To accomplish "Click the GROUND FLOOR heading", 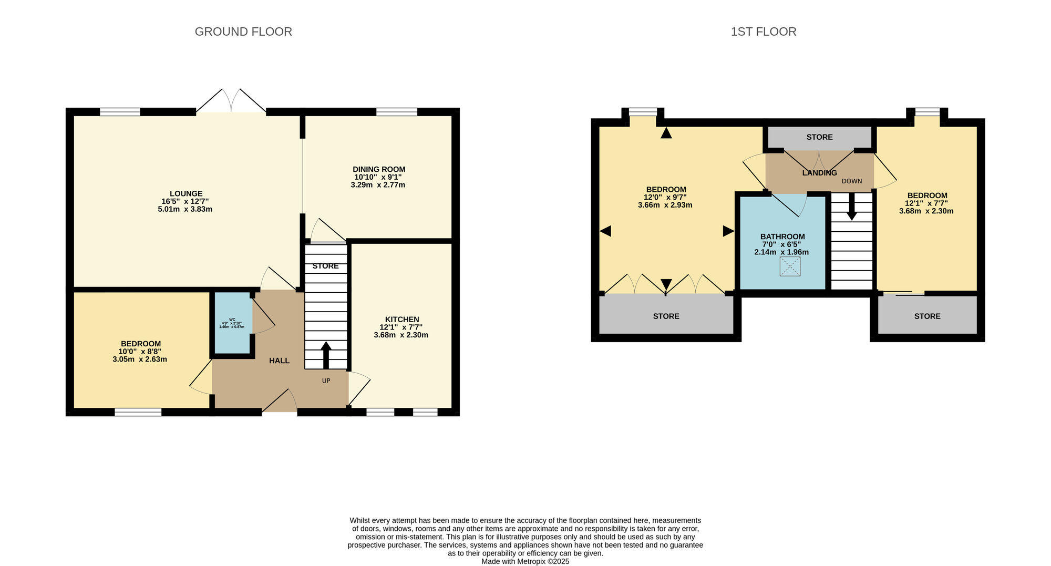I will tap(243, 32).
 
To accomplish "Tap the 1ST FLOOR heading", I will tap(763, 32).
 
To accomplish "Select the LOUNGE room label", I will tap(186, 193).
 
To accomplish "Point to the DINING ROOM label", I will tap(378, 169).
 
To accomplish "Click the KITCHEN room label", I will tap(401, 319).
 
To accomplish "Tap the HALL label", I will tap(279, 361).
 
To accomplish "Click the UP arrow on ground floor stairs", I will tap(326, 355).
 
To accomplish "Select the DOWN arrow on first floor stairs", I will tap(852, 207).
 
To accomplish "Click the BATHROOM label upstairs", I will tap(782, 236).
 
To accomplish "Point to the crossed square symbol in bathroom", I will tap(790, 266).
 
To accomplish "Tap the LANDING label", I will tap(819, 173).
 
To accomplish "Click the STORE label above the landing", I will tap(819, 137).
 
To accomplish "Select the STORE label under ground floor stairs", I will tap(325, 266).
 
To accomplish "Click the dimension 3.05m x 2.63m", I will tap(140, 359).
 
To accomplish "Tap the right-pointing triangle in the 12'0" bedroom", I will tap(728, 231).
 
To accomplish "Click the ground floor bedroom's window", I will tap(138, 412).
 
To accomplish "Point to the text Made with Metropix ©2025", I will tap(525, 561).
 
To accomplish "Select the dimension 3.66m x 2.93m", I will tap(665, 205).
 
